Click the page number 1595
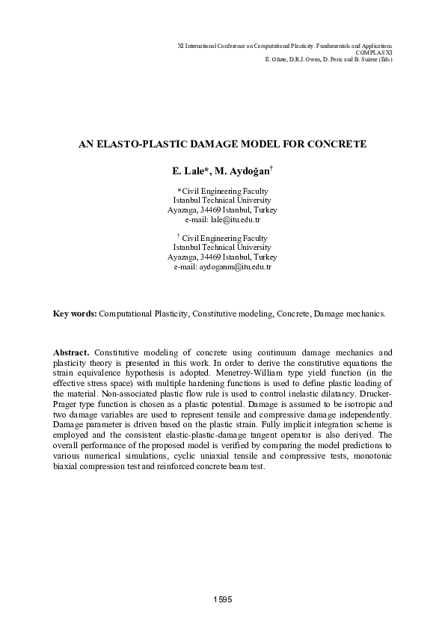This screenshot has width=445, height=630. click(x=222, y=601)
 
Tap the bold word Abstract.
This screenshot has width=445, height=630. click(x=73, y=372)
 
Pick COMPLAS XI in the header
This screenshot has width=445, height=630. click(x=373, y=52)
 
